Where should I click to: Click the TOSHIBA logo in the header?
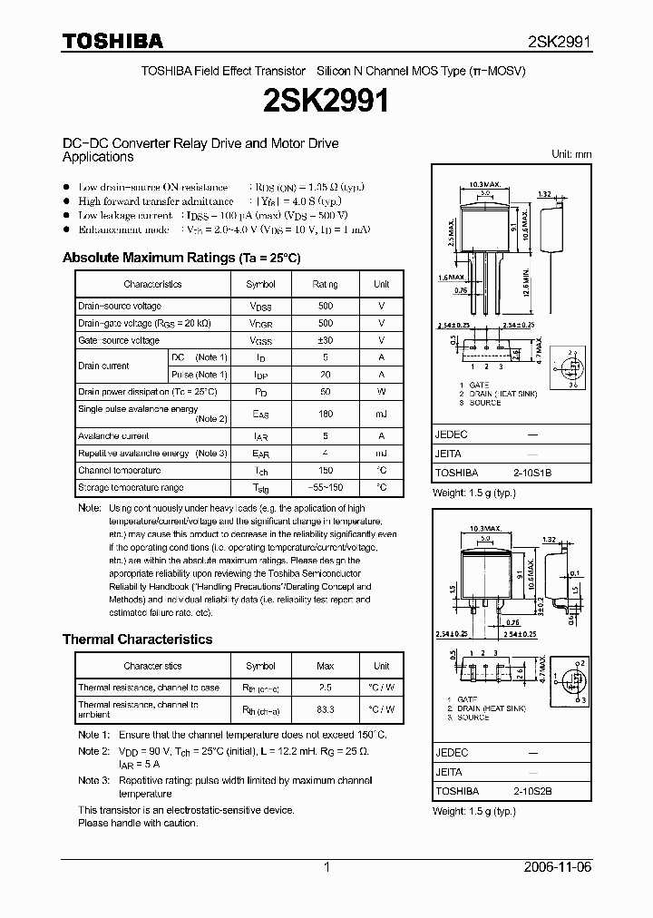point(112,41)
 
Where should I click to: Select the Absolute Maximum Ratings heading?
point(180,258)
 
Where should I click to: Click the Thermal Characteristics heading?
point(137,640)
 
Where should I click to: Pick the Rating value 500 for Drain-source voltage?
point(326,307)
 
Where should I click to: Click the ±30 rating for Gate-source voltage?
point(326,340)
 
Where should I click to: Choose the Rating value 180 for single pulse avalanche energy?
point(326,414)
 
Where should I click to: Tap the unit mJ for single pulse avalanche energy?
point(382,414)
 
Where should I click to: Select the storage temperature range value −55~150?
point(326,487)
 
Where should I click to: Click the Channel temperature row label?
point(119,471)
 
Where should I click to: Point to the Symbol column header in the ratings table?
point(261,284)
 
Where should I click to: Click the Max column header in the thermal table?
point(326,666)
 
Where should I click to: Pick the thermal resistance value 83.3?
point(326,709)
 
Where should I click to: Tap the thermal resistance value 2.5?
point(326,688)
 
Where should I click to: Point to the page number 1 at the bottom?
point(326,867)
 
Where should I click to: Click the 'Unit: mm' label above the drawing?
point(571,154)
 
